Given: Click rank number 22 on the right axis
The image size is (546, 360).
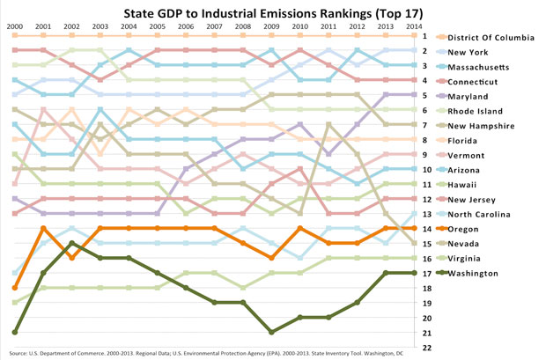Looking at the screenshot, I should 426,348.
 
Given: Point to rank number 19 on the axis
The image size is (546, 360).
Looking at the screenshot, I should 426,303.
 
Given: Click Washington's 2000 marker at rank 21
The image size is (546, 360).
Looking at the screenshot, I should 15,333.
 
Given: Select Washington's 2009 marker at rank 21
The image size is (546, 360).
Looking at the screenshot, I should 271,333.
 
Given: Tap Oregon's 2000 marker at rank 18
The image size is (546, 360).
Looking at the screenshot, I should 15,288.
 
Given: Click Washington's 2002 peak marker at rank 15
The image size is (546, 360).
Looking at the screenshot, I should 72,243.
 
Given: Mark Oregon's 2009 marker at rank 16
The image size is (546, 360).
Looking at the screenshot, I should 271,258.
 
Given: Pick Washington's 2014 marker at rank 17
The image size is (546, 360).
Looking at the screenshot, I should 412,273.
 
